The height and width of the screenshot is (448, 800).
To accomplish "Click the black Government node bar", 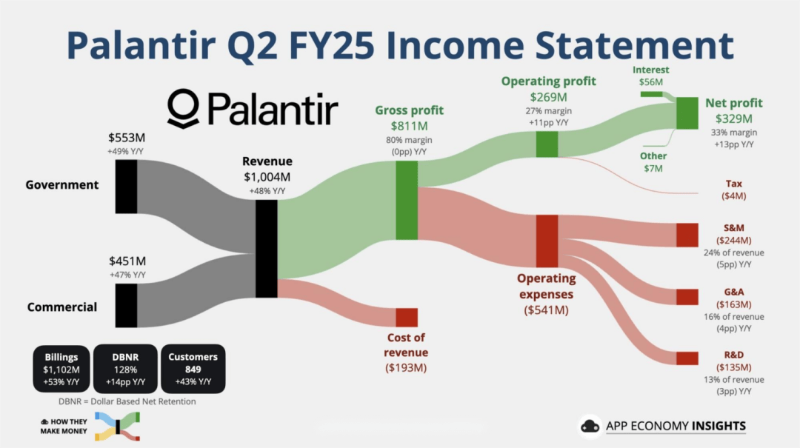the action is (126, 187).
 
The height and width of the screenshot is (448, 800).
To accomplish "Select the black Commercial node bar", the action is (126, 306).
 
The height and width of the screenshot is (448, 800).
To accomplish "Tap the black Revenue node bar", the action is (267, 249).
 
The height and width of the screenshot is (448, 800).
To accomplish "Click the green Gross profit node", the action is (407, 201).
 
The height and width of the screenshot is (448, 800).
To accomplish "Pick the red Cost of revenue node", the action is (407, 318).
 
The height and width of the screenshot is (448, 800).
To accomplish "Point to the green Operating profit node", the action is (547, 144).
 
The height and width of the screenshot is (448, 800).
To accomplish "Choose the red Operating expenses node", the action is (547, 241).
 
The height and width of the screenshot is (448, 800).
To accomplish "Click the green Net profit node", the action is (687, 113).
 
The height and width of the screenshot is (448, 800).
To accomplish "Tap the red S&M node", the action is (687, 235).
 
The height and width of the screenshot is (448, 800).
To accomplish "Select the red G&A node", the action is (687, 297).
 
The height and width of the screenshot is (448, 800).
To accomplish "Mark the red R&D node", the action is (687, 358).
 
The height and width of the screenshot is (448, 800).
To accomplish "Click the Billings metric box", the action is (61, 369).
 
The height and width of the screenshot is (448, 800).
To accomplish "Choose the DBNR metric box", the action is (125, 369).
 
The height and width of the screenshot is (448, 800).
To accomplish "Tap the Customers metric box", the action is (193, 369).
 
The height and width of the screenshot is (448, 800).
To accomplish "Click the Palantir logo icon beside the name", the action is (183, 108).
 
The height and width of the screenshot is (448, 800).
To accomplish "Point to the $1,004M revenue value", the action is (267, 177).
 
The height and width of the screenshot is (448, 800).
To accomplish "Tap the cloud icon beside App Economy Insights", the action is (590, 426).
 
